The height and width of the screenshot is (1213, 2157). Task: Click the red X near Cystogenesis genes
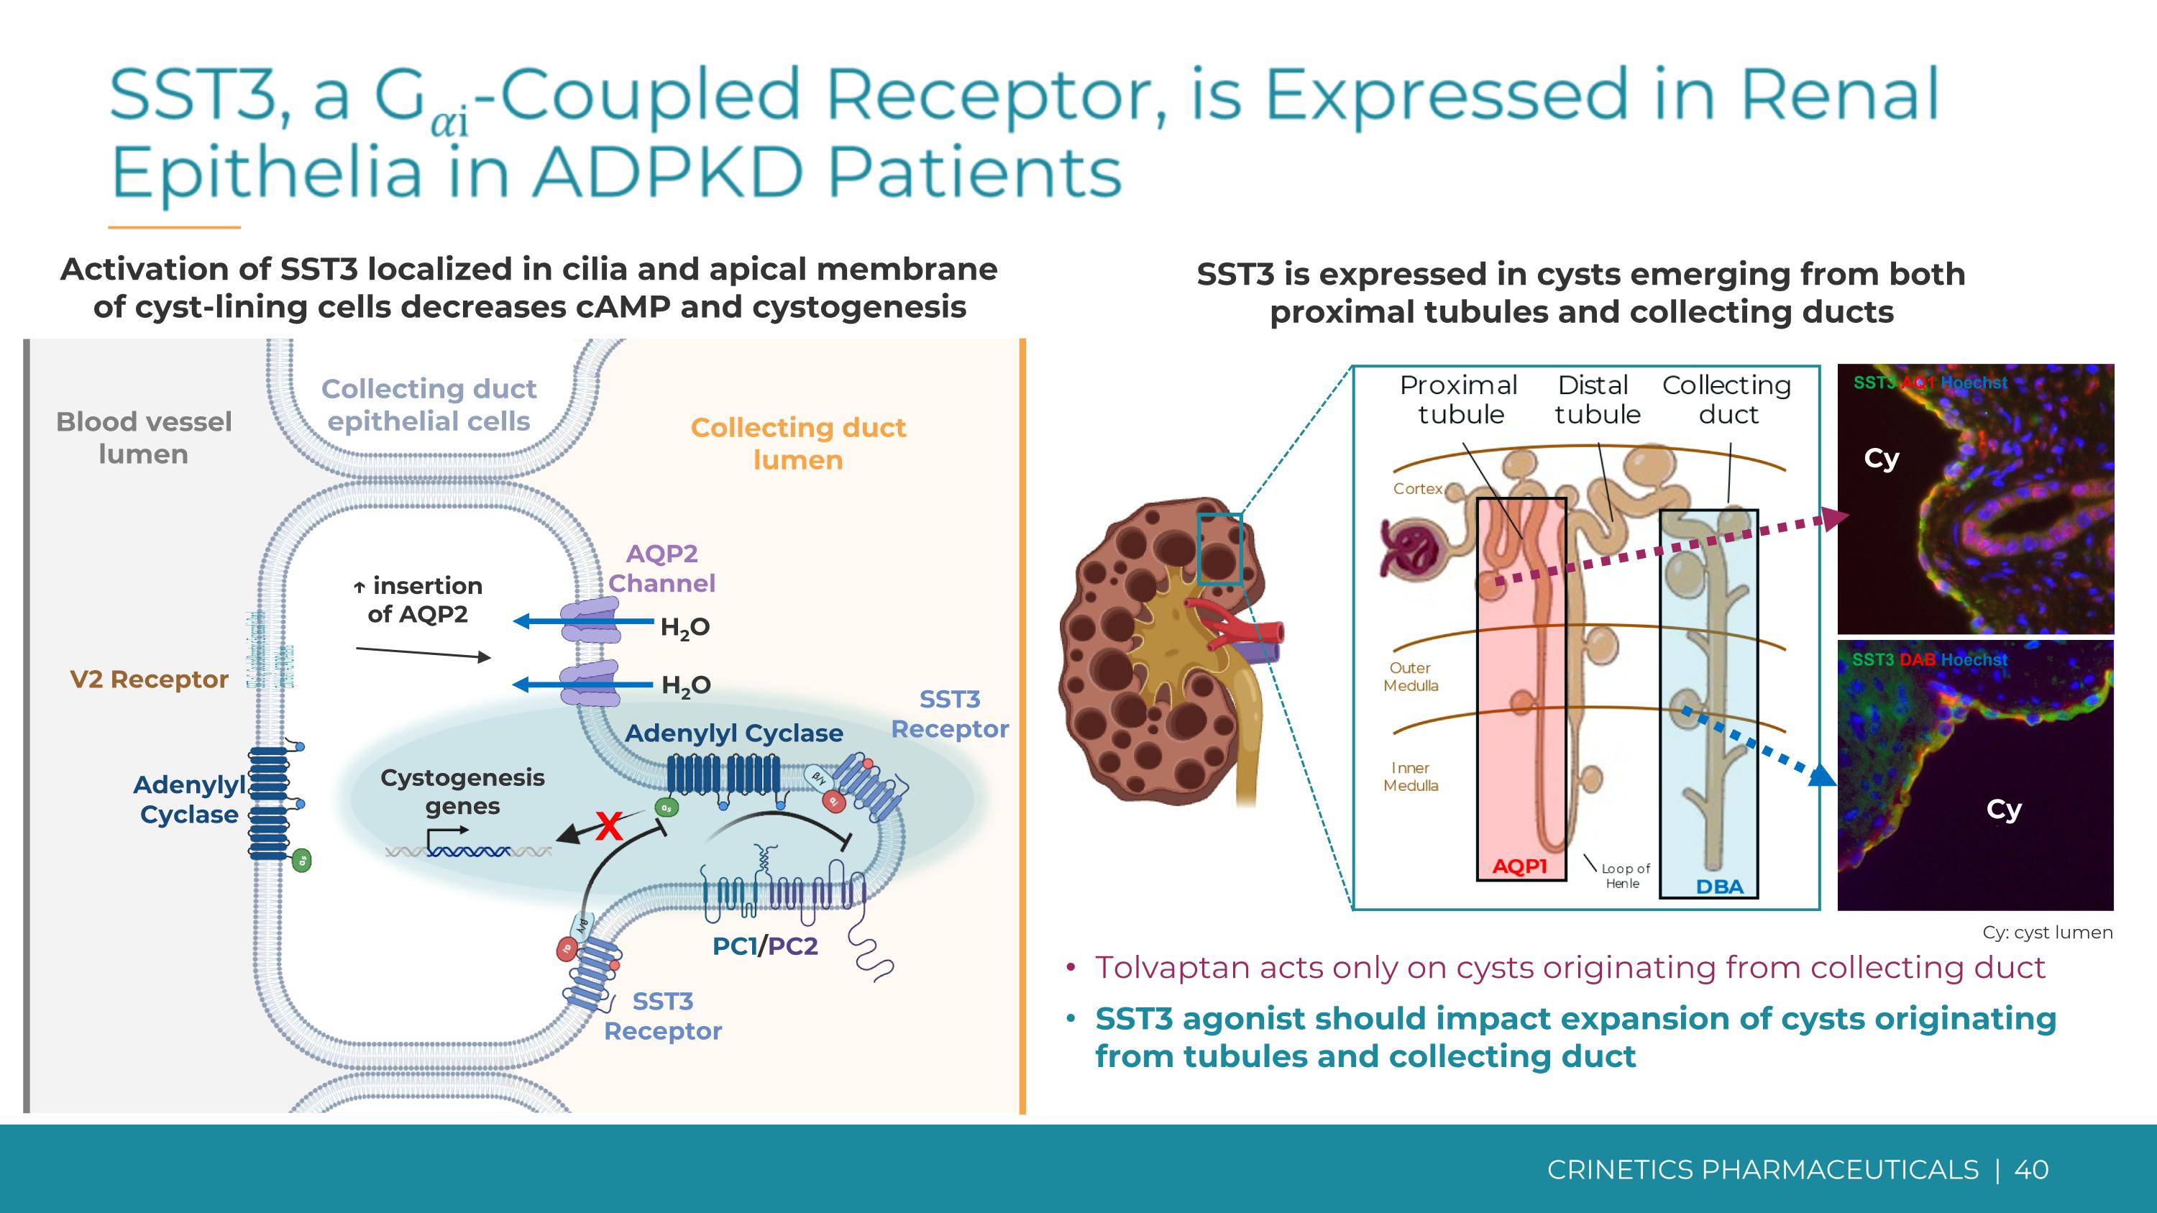coord(609,827)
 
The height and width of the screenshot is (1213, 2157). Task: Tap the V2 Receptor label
coord(149,679)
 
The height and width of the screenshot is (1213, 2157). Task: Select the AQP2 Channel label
coord(661,569)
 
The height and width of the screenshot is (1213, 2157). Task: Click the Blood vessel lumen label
coord(143,438)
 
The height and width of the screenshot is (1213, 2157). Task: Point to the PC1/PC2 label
coord(764,946)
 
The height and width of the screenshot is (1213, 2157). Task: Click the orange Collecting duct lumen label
coord(798,444)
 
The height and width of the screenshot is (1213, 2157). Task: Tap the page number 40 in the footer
coord(2030,1169)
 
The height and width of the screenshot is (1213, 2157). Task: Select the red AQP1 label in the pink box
coord(1520,866)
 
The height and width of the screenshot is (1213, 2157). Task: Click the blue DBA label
coord(1719,887)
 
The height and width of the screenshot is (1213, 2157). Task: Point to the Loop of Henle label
coord(1624,876)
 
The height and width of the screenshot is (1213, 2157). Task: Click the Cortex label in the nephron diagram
coord(1418,489)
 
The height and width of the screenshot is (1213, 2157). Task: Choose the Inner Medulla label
coord(1411,777)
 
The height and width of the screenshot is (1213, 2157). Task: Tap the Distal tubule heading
coord(1597,399)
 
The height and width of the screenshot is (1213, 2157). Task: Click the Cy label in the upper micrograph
coord(1881,459)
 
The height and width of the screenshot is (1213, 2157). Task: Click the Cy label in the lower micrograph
coord(2004,810)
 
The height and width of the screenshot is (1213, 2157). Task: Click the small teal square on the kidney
coord(1219,549)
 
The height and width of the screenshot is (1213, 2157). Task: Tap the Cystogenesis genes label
coord(462,791)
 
